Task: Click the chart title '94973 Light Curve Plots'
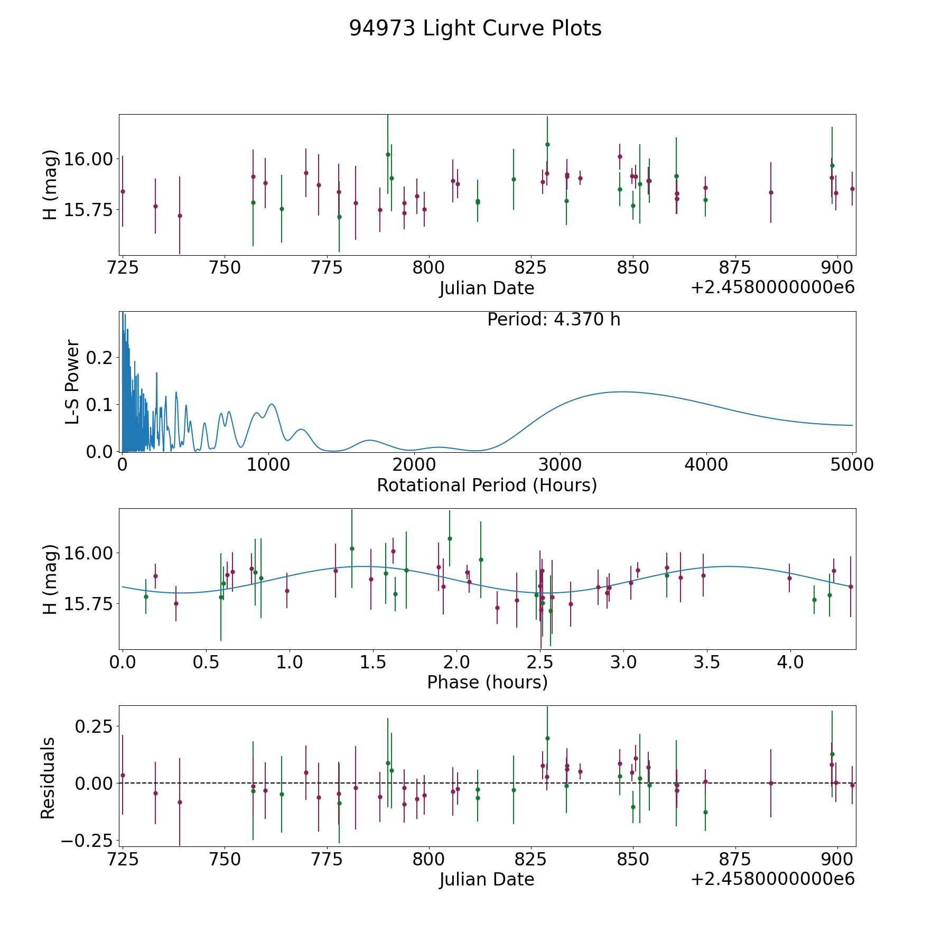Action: tap(475, 29)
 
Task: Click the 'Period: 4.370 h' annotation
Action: tap(554, 320)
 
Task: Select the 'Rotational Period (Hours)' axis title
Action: tap(487, 485)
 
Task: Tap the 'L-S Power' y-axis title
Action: tap(72, 381)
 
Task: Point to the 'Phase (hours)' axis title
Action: tap(487, 683)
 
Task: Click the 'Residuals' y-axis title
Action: tap(48, 778)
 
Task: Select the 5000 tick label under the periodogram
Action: tap(852, 465)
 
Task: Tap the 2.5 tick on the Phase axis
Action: tap(540, 662)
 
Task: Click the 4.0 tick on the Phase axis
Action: tap(790, 662)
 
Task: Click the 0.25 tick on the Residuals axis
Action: tap(94, 726)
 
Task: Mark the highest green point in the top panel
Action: tap(547, 144)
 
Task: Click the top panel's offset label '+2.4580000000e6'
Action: tap(772, 288)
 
